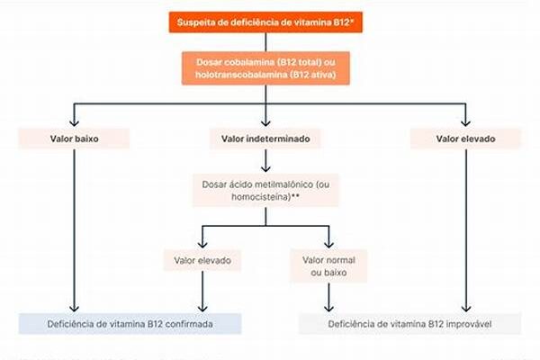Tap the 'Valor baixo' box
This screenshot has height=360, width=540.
(x=74, y=139)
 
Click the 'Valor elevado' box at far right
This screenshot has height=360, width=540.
(x=465, y=139)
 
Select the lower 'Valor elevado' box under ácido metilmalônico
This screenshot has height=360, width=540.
(x=202, y=260)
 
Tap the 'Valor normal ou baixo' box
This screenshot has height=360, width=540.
(x=327, y=265)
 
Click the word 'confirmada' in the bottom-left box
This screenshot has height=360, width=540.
(x=188, y=323)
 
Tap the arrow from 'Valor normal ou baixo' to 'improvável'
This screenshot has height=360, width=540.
(x=327, y=295)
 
